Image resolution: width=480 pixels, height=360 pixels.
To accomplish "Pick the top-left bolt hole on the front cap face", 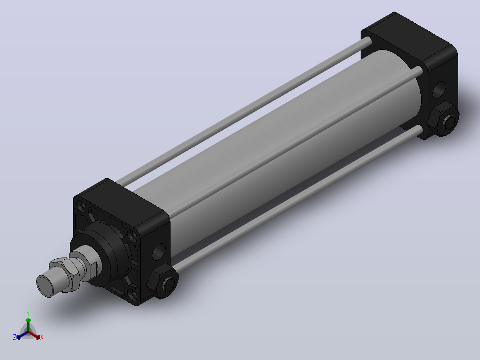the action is coord(82,206).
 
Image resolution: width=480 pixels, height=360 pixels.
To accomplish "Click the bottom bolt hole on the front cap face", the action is coord(133,295).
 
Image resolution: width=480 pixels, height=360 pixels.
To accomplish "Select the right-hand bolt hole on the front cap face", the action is coord(132,235).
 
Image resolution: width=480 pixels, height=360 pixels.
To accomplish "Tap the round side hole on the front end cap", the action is coord(159,251).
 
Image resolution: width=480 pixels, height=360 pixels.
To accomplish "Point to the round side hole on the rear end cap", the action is coord(439,90).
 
